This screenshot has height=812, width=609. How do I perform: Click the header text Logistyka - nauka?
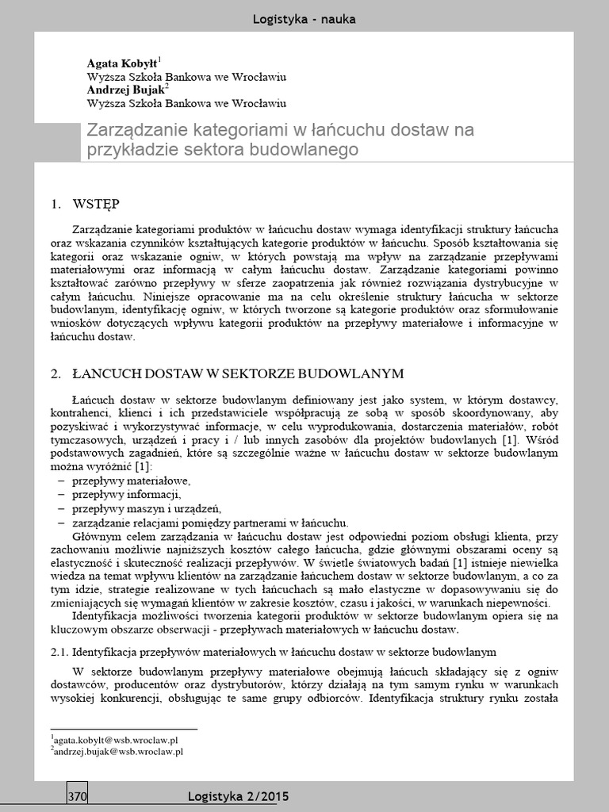(304, 19)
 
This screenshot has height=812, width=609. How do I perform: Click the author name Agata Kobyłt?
(121, 63)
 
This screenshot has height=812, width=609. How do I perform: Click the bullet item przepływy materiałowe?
(131, 481)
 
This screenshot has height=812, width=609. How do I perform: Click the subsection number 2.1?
(59, 652)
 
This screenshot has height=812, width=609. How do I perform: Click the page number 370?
(77, 796)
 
